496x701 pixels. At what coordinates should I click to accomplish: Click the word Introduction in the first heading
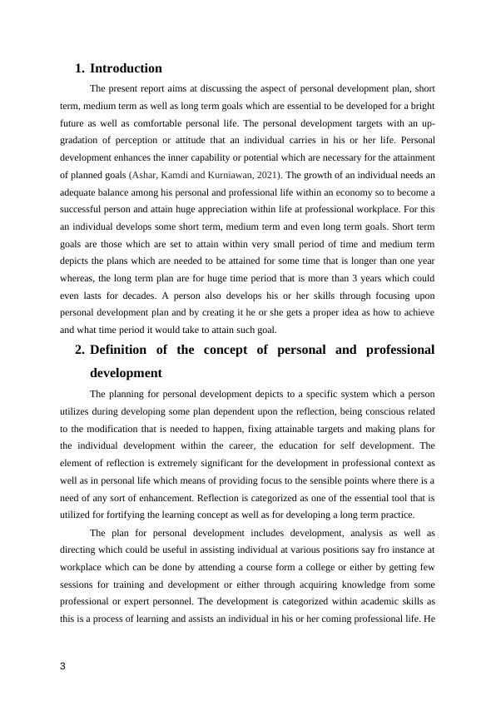(126, 68)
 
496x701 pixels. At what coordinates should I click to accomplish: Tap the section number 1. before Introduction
(80, 68)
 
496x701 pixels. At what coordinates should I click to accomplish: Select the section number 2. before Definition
(80, 350)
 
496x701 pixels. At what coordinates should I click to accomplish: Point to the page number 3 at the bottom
(63, 665)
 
